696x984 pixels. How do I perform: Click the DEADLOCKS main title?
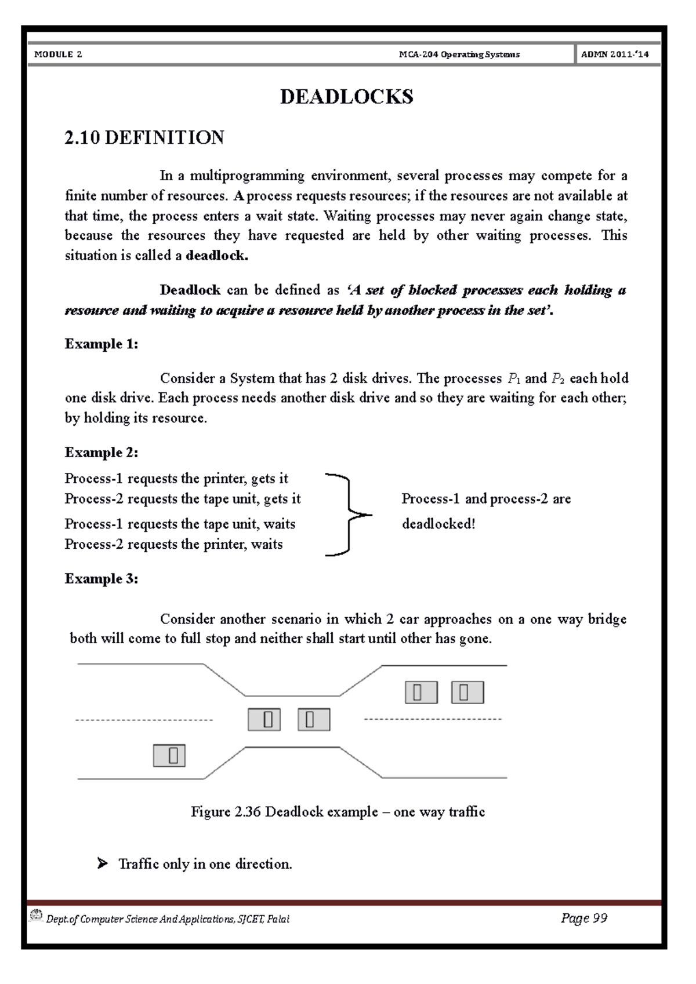point(346,97)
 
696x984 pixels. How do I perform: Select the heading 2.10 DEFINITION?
point(144,138)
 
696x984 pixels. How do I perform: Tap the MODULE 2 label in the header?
point(58,54)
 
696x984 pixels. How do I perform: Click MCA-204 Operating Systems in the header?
point(459,54)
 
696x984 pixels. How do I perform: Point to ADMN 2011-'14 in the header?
point(615,54)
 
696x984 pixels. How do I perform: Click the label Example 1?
point(101,344)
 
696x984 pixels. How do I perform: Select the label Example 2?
point(101,453)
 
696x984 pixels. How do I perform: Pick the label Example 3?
point(101,579)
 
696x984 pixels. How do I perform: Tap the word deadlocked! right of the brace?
point(438,524)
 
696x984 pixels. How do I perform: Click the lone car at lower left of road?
point(169,756)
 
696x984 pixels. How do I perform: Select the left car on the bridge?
point(264,719)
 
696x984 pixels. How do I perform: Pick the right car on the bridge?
point(314,719)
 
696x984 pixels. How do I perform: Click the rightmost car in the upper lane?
point(467,693)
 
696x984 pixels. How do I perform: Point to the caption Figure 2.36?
point(338,812)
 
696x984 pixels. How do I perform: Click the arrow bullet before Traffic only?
point(103,864)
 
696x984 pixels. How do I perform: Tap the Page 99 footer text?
point(584,918)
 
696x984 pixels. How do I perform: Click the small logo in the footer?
point(36,915)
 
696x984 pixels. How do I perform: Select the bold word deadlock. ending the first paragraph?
point(217,256)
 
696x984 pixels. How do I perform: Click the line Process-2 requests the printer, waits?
point(173,544)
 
